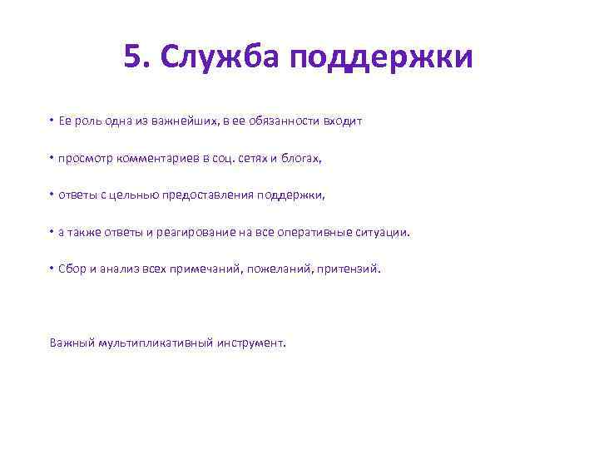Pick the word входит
click(343, 121)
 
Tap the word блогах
click(302, 158)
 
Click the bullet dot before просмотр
click(51, 157)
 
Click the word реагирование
click(197, 233)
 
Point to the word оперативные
click(309, 233)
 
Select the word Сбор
click(72, 269)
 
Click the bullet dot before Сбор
click(51, 269)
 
